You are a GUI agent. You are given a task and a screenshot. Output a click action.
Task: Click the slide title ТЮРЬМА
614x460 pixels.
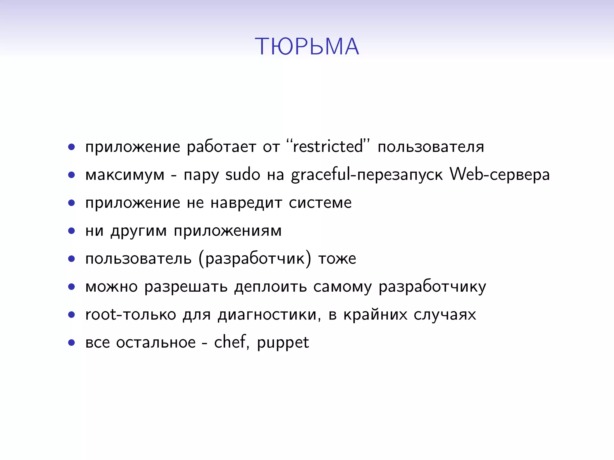(x=307, y=47)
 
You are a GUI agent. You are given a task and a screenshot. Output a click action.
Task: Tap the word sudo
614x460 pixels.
(x=243, y=175)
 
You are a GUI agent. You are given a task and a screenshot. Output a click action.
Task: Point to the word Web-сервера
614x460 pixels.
(x=499, y=175)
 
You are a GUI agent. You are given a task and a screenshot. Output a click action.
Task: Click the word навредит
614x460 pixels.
(x=246, y=203)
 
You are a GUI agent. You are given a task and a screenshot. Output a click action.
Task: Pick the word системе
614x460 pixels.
(x=320, y=203)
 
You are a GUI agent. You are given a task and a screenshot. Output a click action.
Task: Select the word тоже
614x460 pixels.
(x=337, y=259)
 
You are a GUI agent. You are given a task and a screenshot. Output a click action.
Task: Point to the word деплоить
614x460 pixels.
(x=270, y=287)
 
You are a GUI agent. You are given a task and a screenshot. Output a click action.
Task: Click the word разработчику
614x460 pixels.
(x=432, y=287)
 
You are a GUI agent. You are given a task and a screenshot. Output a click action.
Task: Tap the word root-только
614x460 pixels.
(x=130, y=315)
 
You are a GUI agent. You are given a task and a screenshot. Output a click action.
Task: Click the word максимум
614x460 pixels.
(x=125, y=175)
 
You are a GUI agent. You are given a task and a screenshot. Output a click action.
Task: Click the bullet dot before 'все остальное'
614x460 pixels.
(x=71, y=343)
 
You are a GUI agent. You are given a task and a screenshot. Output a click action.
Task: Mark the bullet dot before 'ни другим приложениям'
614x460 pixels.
(x=71, y=231)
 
